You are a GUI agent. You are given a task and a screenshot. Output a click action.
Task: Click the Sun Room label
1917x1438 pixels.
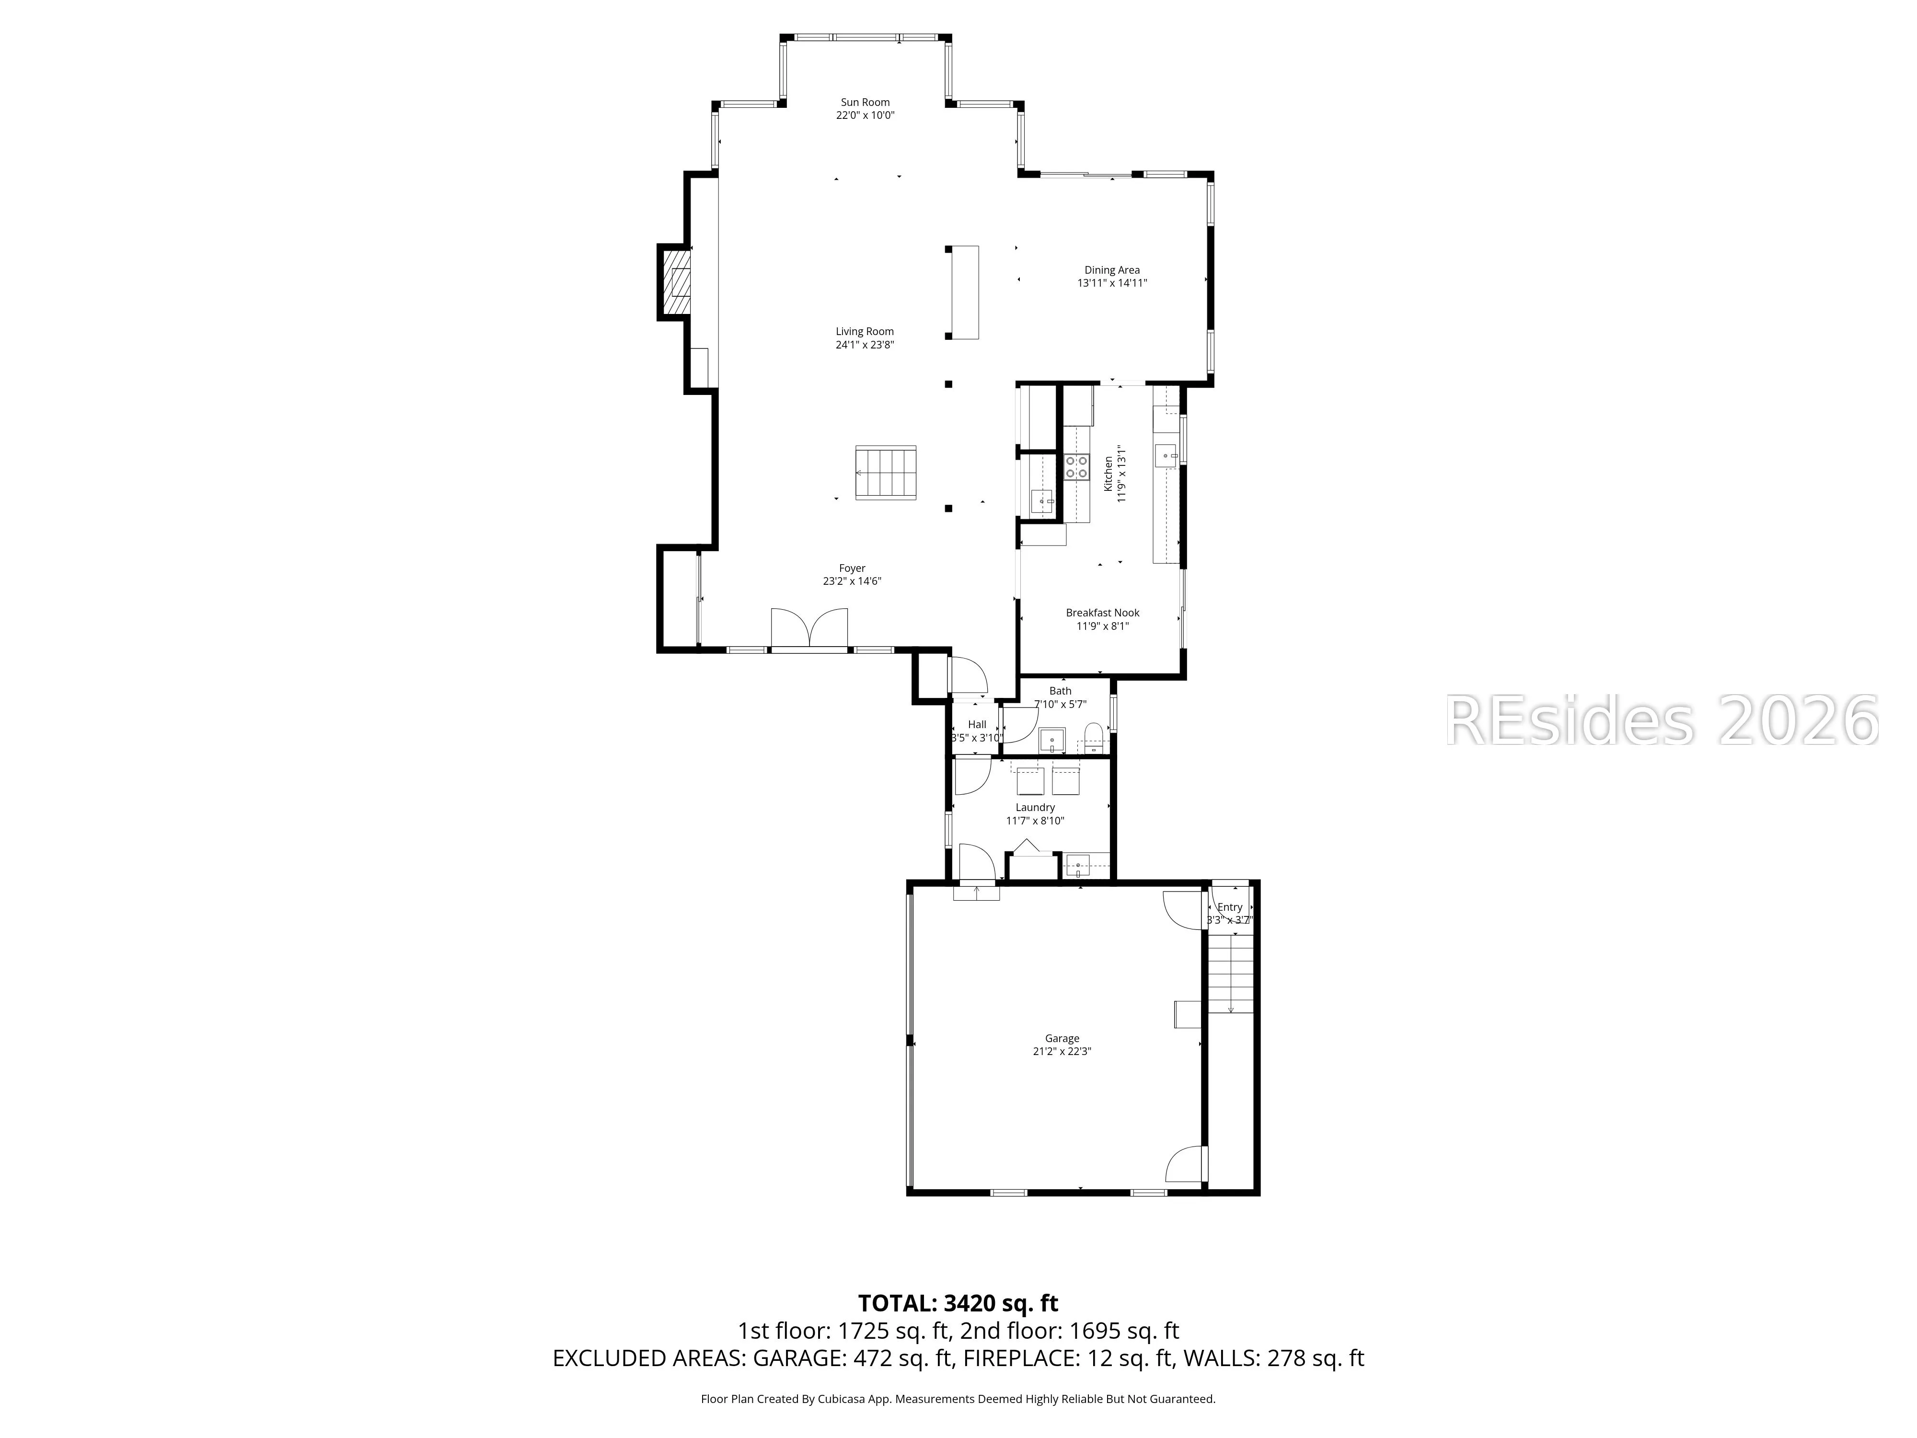(865, 102)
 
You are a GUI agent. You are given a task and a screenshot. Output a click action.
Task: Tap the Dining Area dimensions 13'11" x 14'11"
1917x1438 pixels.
(1112, 283)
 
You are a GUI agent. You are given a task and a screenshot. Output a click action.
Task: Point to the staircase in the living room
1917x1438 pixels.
(886, 473)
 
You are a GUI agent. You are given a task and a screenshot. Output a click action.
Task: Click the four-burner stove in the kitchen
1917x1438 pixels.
(1076, 467)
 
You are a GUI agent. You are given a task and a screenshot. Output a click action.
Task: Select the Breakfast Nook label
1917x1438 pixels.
(1102, 613)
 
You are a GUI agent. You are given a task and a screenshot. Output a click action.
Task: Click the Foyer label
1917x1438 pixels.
(852, 568)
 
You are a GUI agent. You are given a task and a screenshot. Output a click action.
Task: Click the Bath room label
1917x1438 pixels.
(1060, 691)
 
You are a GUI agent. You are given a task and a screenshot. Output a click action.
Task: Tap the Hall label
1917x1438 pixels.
(977, 725)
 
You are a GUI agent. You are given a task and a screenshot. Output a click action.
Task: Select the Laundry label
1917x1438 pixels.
(1035, 807)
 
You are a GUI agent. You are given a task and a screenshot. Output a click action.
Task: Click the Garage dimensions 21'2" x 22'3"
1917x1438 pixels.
(1062, 1051)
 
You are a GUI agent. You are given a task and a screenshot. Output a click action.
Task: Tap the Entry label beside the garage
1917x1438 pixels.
(1230, 907)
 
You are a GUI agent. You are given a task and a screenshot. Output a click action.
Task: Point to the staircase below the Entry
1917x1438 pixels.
(1231, 975)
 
